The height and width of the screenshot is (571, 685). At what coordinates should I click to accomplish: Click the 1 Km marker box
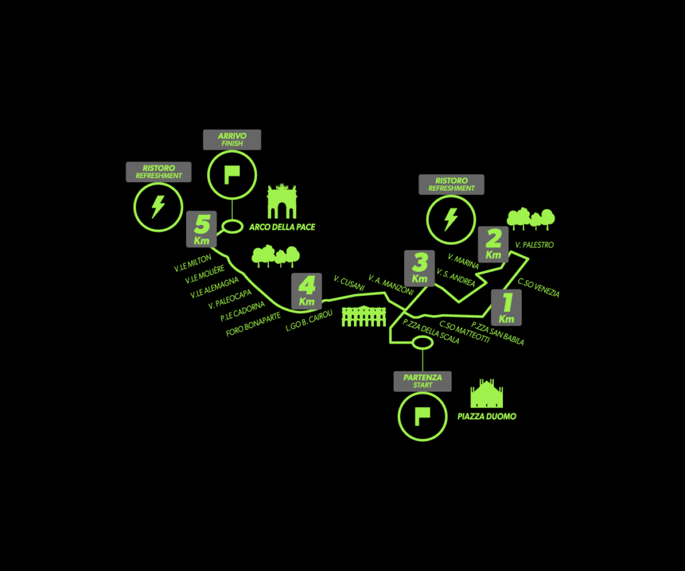click(x=506, y=307)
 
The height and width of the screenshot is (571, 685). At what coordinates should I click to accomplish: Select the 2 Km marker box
click(x=494, y=244)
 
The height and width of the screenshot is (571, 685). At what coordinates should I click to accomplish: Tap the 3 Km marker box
click(x=420, y=267)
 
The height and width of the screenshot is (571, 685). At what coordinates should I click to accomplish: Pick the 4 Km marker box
click(x=306, y=292)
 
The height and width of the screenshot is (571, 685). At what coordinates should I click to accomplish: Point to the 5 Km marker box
click(x=201, y=229)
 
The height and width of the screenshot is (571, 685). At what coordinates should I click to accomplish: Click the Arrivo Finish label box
click(x=232, y=139)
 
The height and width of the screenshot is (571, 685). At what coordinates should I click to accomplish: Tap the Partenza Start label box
click(x=422, y=381)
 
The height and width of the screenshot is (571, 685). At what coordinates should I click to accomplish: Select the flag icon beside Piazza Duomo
click(x=422, y=416)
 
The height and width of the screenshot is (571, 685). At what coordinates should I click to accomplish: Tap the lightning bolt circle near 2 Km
click(x=451, y=220)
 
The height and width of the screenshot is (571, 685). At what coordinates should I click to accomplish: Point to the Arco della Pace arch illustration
click(x=282, y=201)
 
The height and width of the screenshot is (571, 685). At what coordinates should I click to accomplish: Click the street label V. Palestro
click(x=534, y=245)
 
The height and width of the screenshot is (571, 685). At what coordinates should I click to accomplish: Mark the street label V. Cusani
click(x=349, y=282)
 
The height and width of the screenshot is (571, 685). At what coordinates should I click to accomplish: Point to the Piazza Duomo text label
click(x=486, y=416)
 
